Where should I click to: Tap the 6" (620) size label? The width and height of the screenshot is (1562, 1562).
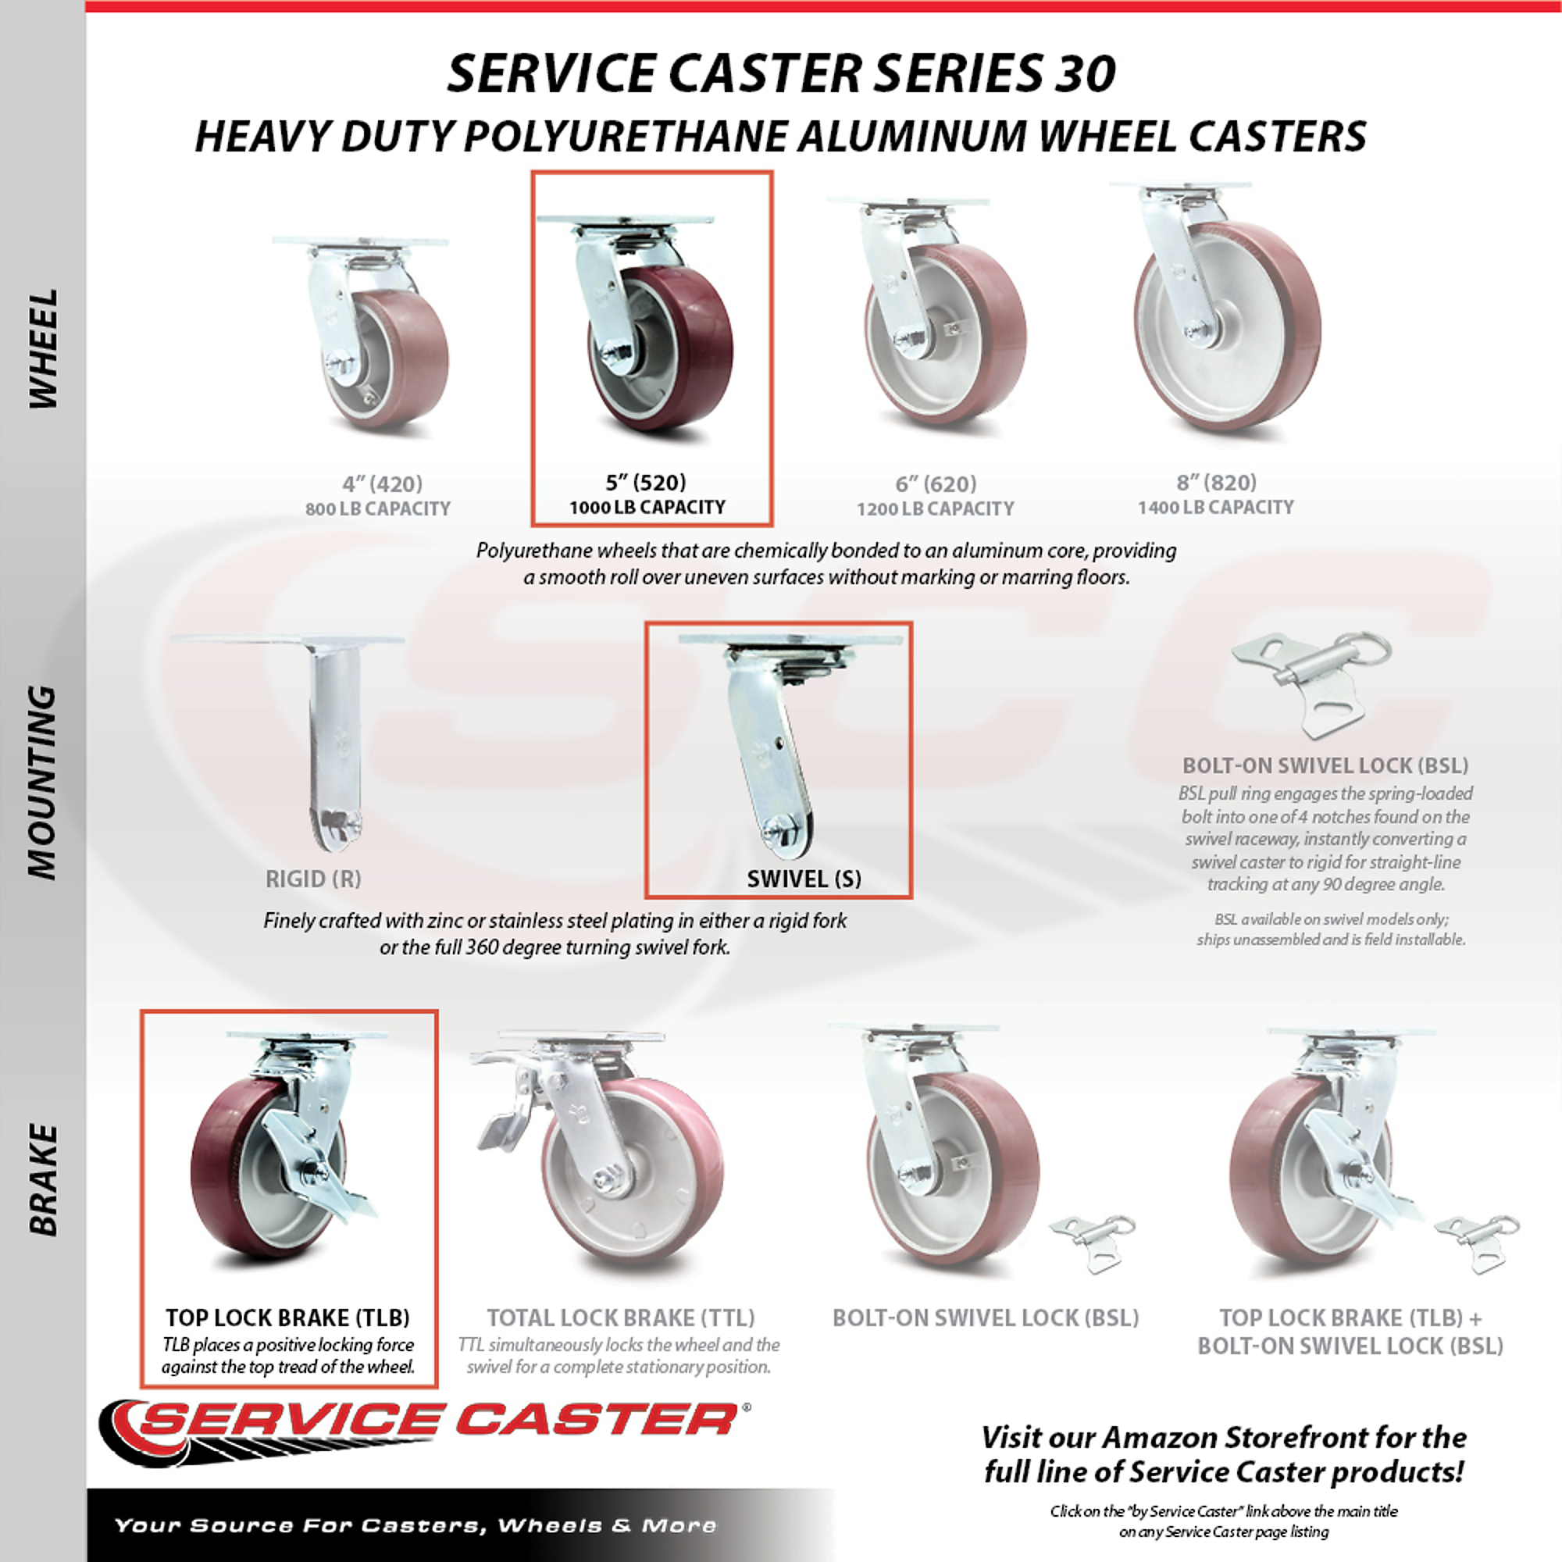pos(936,483)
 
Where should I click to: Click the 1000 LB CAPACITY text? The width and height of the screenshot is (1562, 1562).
pos(647,507)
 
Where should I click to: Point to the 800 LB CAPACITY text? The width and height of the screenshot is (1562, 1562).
pos(377,508)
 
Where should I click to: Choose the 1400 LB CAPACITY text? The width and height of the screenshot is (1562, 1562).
pos(1216,507)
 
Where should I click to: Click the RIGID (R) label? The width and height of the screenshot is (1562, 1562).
pos(313,879)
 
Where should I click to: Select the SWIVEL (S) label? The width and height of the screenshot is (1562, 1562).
pos(804,879)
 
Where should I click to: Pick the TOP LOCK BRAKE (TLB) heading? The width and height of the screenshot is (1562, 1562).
pos(288,1318)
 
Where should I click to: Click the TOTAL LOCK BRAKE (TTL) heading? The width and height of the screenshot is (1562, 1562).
pos(621,1318)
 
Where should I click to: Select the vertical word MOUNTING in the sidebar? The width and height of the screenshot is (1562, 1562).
pos(42,782)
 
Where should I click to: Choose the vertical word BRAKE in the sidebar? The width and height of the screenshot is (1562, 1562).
pos(42,1180)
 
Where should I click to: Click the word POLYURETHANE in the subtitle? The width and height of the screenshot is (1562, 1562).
pos(625,136)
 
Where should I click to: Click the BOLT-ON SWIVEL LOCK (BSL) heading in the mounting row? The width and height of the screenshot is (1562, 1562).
pos(1326,765)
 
